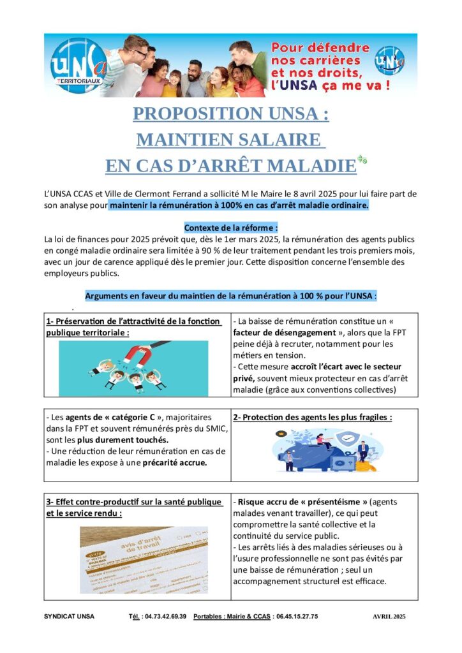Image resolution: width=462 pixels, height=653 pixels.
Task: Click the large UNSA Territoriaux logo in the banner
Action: (75, 65)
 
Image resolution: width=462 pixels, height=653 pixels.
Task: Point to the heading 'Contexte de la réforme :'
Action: (231, 228)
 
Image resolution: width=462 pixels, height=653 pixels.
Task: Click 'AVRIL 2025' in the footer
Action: (389, 617)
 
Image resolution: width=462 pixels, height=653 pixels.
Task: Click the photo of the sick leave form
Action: (144, 559)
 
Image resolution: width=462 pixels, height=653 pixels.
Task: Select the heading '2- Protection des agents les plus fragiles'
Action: (312, 417)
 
